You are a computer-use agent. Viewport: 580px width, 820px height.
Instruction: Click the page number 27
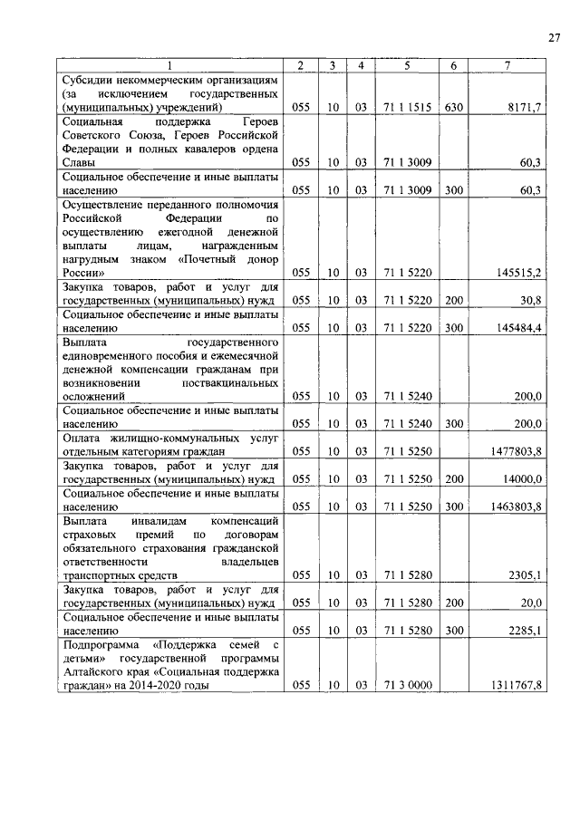555,37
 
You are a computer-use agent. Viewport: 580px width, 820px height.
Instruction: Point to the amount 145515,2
517,272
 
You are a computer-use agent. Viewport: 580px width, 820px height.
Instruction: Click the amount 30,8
529,300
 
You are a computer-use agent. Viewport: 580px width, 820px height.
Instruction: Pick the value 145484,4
517,328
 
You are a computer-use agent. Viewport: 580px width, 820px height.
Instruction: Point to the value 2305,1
525,575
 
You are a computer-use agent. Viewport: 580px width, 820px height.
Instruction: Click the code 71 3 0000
406,686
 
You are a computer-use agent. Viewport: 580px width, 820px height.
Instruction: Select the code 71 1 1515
406,107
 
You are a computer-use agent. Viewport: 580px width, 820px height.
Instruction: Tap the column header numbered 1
169,65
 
